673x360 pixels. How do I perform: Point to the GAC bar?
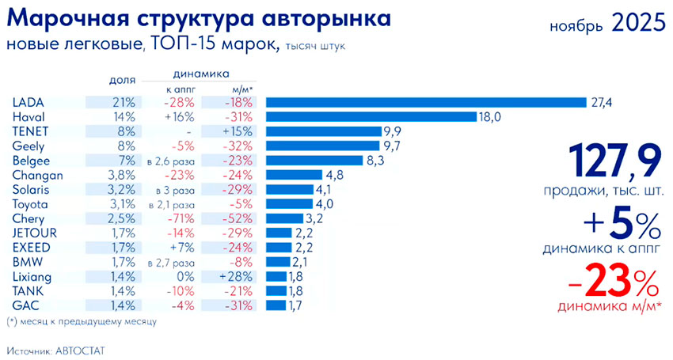pos(276,305)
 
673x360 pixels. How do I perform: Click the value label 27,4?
pos(599,103)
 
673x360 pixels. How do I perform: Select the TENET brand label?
pos(30,131)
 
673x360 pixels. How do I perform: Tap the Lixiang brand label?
pos(32,275)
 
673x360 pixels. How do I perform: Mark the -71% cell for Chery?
pos(179,218)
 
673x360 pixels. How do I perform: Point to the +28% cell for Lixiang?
pos(238,275)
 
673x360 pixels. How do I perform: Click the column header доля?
pos(123,80)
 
